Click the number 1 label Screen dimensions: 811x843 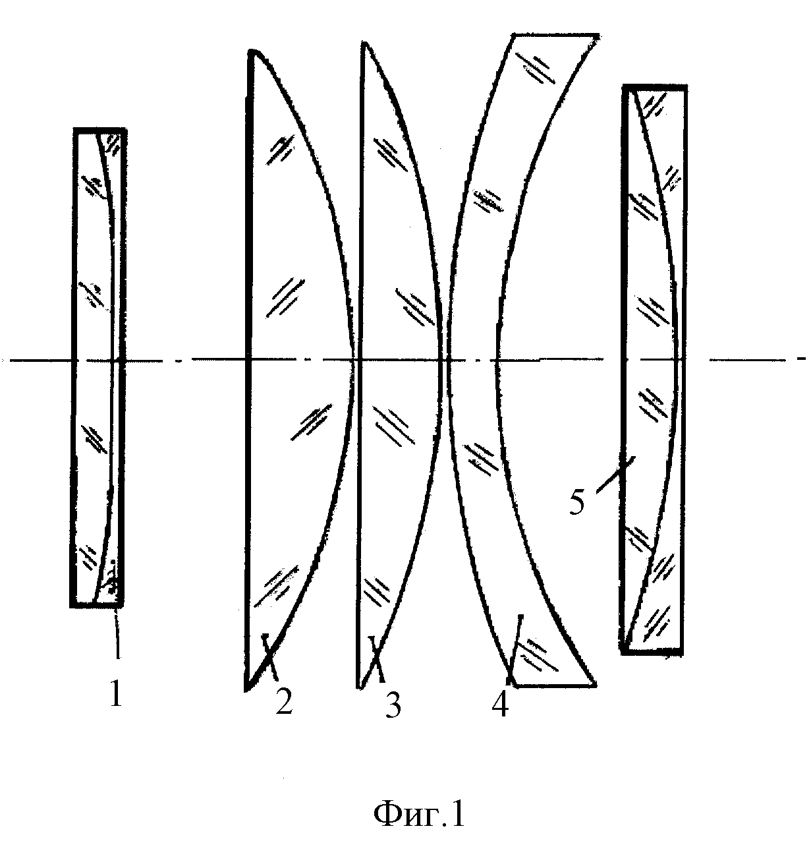point(115,693)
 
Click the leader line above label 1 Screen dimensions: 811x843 point(117,633)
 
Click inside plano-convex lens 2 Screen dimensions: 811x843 point(294,360)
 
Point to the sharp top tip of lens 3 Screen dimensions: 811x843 point(364,43)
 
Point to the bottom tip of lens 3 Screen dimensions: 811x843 point(360,687)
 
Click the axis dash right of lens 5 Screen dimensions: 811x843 point(747,360)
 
